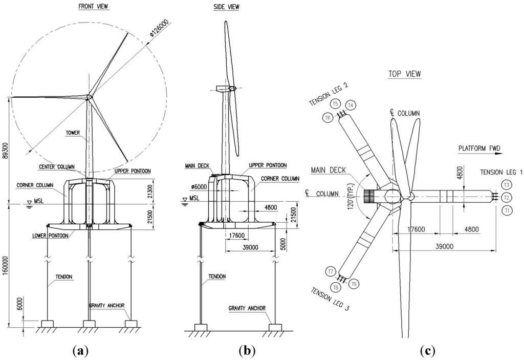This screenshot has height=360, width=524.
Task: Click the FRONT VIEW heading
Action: tap(93, 7)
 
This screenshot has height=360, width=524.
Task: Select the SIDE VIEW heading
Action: tap(226, 7)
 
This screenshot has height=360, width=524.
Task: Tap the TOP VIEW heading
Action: tap(404, 74)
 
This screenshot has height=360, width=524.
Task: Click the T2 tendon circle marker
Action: tap(507, 197)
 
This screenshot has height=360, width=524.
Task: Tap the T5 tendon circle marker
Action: tap(336, 104)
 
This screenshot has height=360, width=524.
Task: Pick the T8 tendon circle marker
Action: tap(336, 287)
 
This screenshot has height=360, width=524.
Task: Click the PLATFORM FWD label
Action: tap(476, 149)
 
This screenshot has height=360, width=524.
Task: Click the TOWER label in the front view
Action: tap(73, 133)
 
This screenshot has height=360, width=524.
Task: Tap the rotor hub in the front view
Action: tap(89, 97)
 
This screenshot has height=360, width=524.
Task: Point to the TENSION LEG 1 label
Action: tap(500, 173)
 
